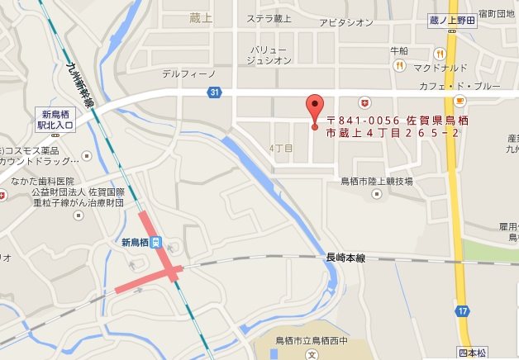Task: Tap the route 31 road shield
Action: pos(215,92)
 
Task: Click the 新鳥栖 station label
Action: pos(135,242)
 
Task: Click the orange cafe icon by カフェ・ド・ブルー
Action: pos(459,100)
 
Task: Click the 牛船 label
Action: pos(399,50)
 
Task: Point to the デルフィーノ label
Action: pos(188,73)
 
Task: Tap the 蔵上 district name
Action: pos(200,17)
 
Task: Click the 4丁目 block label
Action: pos(281,148)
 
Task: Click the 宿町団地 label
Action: pos(499,15)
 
